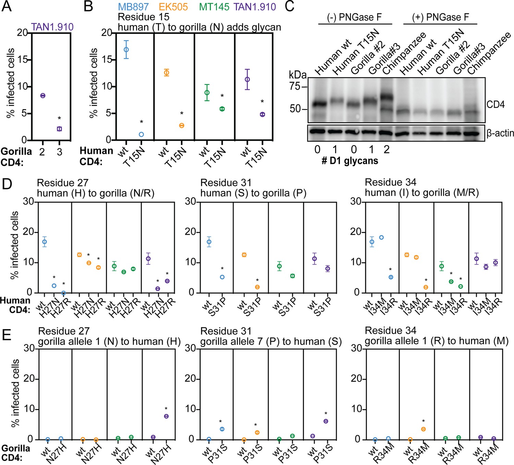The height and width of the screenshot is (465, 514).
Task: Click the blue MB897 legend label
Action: click(x=133, y=7)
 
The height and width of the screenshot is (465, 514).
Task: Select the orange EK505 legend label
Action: click(x=173, y=7)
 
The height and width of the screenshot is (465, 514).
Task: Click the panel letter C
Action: click(x=290, y=6)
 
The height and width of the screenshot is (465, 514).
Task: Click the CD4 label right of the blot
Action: click(x=495, y=104)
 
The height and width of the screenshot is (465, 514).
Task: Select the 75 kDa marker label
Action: click(x=295, y=86)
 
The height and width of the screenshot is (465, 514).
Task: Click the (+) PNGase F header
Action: click(x=440, y=17)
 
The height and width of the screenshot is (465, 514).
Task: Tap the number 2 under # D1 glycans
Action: click(x=387, y=149)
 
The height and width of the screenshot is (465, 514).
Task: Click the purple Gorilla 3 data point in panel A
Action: click(x=59, y=129)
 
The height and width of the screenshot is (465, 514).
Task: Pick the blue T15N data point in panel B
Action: click(x=141, y=134)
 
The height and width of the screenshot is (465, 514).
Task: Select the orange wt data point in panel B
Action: click(x=167, y=73)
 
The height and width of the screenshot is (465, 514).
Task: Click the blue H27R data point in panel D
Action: click(x=63, y=293)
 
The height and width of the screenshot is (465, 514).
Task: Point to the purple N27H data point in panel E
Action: click(x=166, y=416)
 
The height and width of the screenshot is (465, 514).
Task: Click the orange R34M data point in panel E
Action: click(x=423, y=429)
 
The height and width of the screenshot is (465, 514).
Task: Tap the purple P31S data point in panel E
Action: click(x=326, y=421)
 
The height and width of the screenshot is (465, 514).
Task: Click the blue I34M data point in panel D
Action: click(x=381, y=237)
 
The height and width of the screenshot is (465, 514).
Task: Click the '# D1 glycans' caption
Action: click(x=350, y=161)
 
